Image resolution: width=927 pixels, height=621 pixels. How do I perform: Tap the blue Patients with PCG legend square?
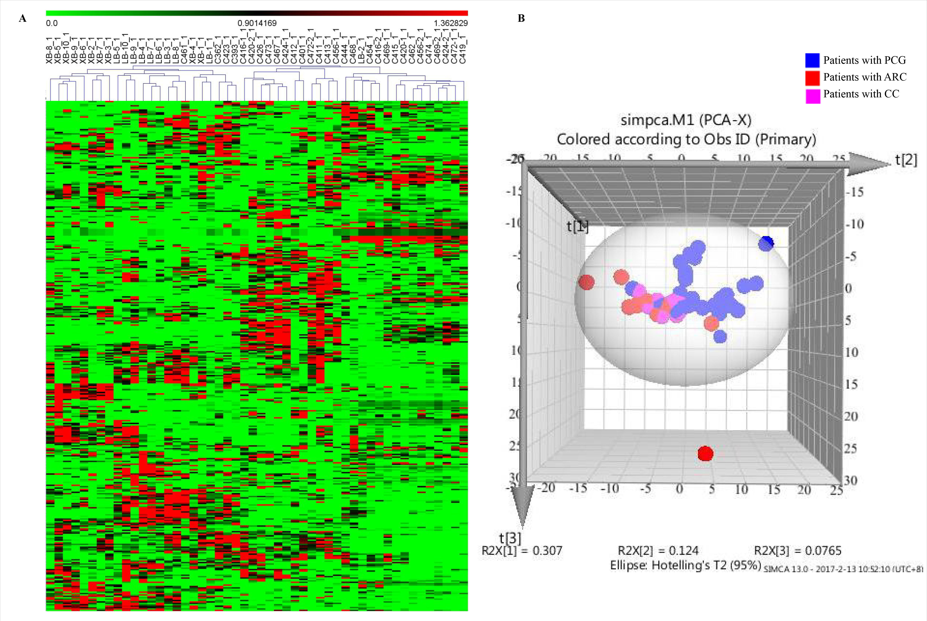812,60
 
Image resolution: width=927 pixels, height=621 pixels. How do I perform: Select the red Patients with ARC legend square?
812,78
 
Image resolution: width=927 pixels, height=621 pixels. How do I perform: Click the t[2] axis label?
906,160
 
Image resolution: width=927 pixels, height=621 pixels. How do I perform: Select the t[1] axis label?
577,226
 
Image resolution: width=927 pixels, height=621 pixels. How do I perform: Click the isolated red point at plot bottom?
705,453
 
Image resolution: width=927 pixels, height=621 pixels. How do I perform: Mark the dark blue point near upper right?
766,243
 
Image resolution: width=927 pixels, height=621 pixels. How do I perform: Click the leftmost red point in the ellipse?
586,282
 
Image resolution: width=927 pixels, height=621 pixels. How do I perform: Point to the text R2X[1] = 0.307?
522,551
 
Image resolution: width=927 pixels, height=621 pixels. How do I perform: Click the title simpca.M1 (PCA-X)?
686,120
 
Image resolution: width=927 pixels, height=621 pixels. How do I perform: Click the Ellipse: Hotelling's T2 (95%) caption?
685,565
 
